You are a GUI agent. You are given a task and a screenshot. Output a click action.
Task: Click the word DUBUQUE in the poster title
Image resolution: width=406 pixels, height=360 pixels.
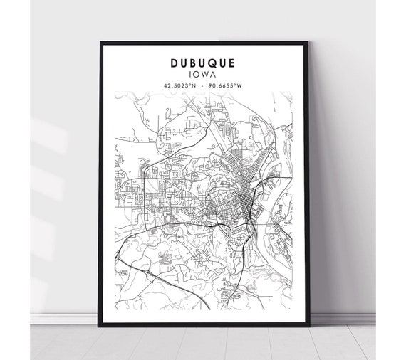tap(203, 63)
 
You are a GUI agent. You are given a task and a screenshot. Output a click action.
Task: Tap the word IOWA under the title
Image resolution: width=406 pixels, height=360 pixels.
tap(203, 74)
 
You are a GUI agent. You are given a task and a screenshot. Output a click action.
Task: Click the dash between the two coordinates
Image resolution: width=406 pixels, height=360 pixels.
tap(204, 86)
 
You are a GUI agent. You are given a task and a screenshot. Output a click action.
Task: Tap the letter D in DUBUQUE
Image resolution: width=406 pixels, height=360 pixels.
tap(174, 63)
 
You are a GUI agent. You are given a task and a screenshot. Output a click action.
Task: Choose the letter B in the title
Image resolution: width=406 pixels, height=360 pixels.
tap(193, 63)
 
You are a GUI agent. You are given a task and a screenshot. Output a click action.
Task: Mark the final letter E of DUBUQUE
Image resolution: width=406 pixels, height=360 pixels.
tap(232, 63)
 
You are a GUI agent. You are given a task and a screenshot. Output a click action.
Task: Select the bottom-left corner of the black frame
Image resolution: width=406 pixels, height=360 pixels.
tap(101, 325)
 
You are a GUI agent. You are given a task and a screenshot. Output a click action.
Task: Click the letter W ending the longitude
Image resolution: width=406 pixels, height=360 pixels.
tap(240, 86)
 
